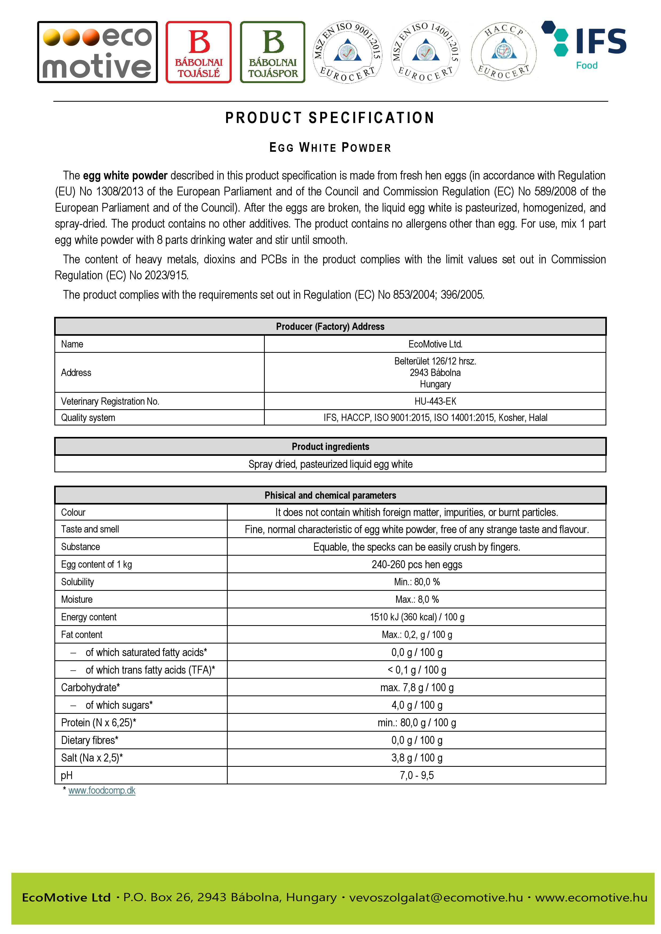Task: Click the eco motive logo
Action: pyautogui.click(x=97, y=52)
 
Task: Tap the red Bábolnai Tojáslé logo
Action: pyautogui.click(x=198, y=52)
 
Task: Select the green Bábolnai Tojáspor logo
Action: pyautogui.click(x=273, y=52)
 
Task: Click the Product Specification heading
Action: pyautogui.click(x=330, y=118)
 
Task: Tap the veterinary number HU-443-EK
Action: pyautogui.click(x=435, y=402)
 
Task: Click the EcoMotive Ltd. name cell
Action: pyautogui.click(x=435, y=344)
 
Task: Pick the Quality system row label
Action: pyautogui.click(x=88, y=418)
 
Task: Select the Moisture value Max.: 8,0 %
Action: pyautogui.click(x=417, y=600)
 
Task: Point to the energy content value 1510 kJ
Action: pyautogui.click(x=417, y=617)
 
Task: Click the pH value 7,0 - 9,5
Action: pyautogui.click(x=417, y=776)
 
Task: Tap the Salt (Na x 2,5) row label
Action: pyautogui.click(x=92, y=758)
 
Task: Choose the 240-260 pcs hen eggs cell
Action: pyautogui.click(x=417, y=565)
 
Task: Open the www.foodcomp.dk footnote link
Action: pyautogui.click(x=102, y=790)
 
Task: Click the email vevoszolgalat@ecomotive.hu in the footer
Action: pyautogui.click(x=436, y=897)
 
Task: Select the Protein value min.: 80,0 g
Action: pyautogui.click(x=417, y=723)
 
